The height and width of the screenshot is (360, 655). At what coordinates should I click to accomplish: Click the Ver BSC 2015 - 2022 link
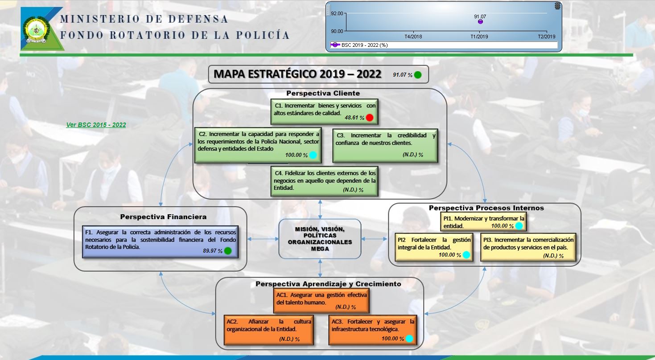(x=96, y=125)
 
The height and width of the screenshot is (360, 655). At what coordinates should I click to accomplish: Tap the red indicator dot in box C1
(x=370, y=118)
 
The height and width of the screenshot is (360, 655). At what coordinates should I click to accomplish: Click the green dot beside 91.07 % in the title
(x=418, y=75)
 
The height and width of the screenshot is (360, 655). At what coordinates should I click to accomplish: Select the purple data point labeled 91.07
(x=480, y=22)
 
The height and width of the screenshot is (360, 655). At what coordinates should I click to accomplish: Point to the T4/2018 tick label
(x=413, y=37)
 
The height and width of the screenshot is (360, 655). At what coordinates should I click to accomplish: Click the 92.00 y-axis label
(x=337, y=13)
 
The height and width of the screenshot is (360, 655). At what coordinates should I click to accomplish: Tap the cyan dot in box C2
(x=313, y=155)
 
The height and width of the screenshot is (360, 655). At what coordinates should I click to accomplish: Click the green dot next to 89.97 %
(x=228, y=251)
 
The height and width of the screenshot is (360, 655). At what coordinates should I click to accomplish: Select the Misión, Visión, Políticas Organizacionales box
(x=320, y=239)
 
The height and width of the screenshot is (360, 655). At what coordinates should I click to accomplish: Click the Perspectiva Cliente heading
(x=323, y=93)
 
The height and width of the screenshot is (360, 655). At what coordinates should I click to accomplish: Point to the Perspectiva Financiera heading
(x=163, y=217)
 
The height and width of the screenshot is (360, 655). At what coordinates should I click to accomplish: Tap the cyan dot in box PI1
(x=519, y=226)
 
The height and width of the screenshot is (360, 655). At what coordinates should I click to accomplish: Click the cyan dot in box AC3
(x=409, y=338)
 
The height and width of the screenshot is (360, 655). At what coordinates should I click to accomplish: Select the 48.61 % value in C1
(x=354, y=118)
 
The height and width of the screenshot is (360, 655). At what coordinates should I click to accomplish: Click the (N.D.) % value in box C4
(x=353, y=190)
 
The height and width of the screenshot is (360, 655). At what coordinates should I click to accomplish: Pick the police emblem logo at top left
(x=37, y=30)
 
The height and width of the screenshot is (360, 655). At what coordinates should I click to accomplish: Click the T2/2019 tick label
(x=547, y=37)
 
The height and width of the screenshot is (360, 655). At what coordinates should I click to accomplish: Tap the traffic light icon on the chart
(x=557, y=6)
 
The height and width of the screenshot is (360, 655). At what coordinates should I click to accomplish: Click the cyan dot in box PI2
(x=466, y=255)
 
